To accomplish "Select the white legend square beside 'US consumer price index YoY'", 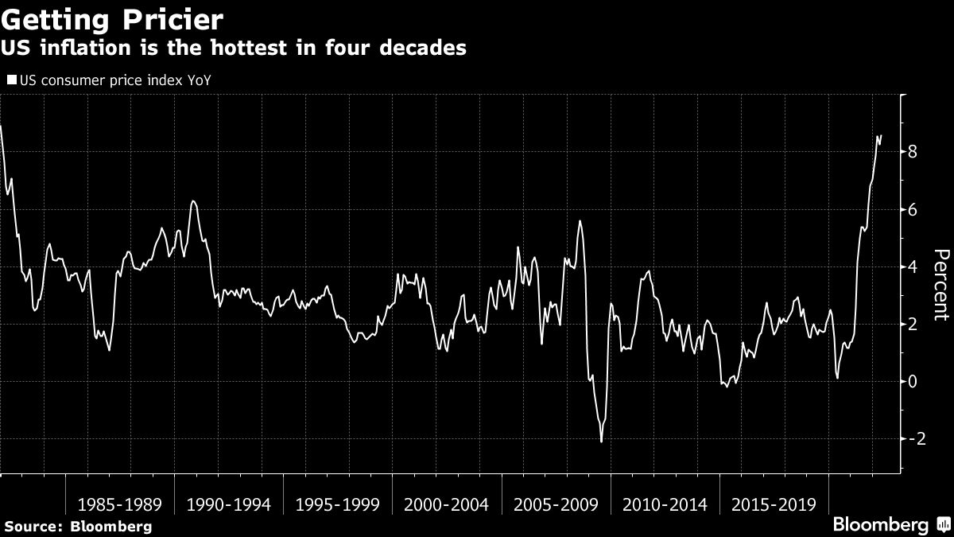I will (x=11, y=80).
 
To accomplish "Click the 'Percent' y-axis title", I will (x=940, y=285).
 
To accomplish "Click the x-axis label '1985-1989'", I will (x=120, y=504).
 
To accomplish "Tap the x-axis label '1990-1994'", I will (x=229, y=504).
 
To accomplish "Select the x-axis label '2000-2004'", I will (x=447, y=504).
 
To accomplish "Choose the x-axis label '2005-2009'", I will (x=556, y=504).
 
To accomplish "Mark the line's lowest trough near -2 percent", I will (x=601, y=442).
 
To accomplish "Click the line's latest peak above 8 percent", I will (x=878, y=136).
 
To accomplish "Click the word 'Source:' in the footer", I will (x=34, y=526).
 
